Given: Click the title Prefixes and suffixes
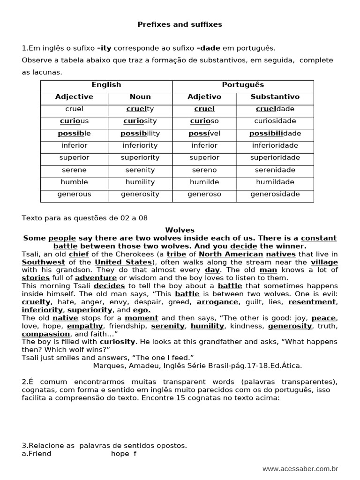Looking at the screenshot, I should coord(180,24).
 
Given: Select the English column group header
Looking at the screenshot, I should coord(106,85).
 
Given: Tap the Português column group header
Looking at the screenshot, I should coord(243,85).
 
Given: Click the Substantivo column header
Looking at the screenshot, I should coord(275,97).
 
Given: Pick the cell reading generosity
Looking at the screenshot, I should coord(140,194).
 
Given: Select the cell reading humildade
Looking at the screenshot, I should coord(275,182).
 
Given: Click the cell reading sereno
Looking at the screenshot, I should coord(204,170).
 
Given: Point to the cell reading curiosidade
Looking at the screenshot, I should coord(275,121).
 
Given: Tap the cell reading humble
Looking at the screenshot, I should coord(74,182).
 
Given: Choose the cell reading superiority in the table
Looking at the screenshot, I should coord(140,157).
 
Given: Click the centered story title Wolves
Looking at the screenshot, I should coord(180,230).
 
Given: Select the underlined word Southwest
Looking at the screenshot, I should coord(44,262).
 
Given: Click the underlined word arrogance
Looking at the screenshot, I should coord(217,302).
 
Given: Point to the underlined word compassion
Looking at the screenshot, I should coord(46,334).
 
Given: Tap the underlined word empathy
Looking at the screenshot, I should coord(85,326).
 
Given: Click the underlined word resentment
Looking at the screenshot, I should coord(312,302).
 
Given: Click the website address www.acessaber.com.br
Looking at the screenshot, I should coord(300,469).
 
